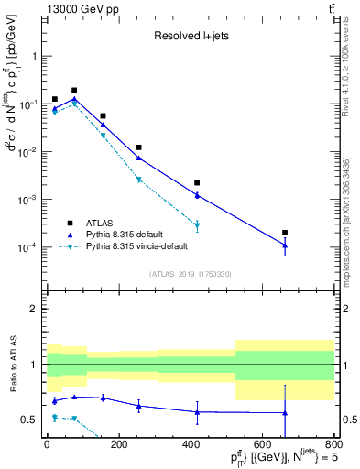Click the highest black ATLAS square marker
point(74,91)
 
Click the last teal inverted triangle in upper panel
point(197,225)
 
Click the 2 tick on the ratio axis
point(35,309)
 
